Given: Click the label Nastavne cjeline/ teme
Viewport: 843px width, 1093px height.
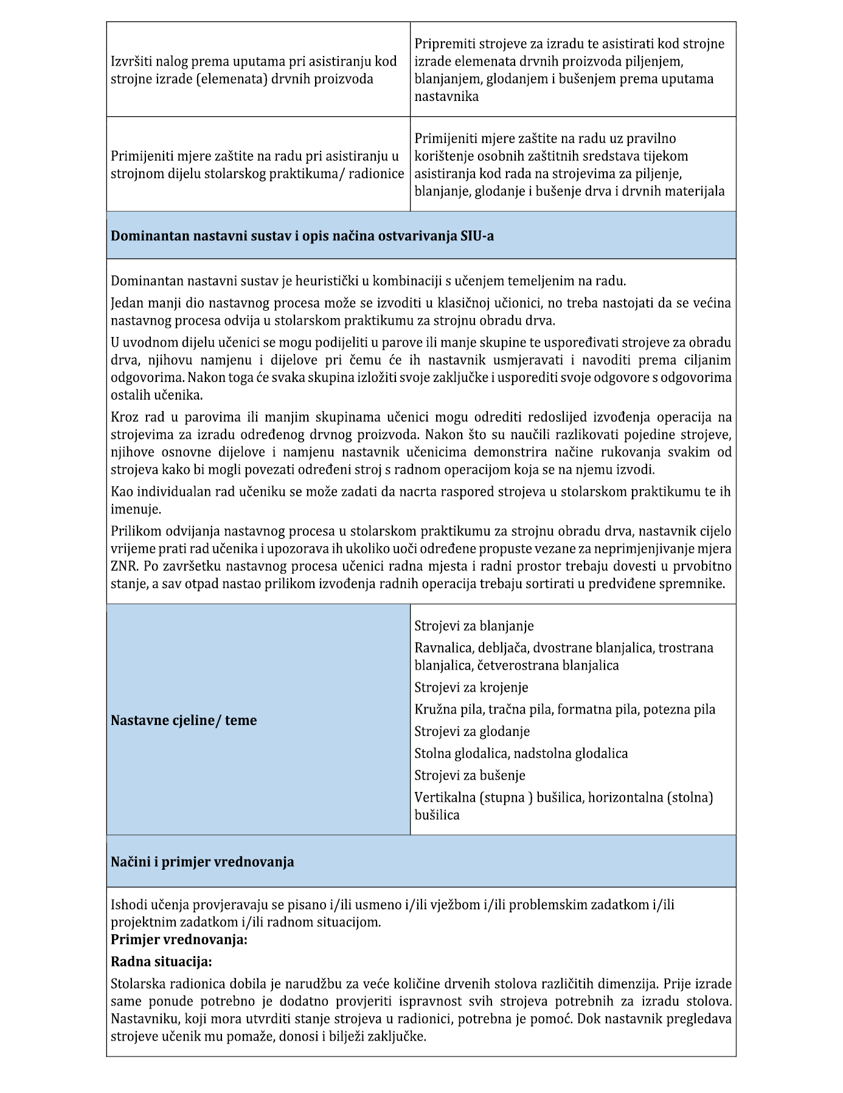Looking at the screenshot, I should [184, 721].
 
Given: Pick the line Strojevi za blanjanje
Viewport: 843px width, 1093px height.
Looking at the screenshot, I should [474, 626].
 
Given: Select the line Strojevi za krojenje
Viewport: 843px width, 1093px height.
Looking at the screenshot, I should [471, 687].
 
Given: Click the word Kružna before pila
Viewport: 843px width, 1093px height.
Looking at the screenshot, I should [433, 709].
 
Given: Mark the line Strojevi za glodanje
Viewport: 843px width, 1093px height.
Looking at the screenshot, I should [472, 731].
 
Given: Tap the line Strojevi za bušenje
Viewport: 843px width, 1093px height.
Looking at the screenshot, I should [470, 776].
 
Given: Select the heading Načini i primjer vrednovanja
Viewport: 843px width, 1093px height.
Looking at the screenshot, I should [202, 862].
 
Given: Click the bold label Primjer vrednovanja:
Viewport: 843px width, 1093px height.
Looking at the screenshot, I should [179, 940].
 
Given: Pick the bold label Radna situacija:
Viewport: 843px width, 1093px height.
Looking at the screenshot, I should [161, 962].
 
